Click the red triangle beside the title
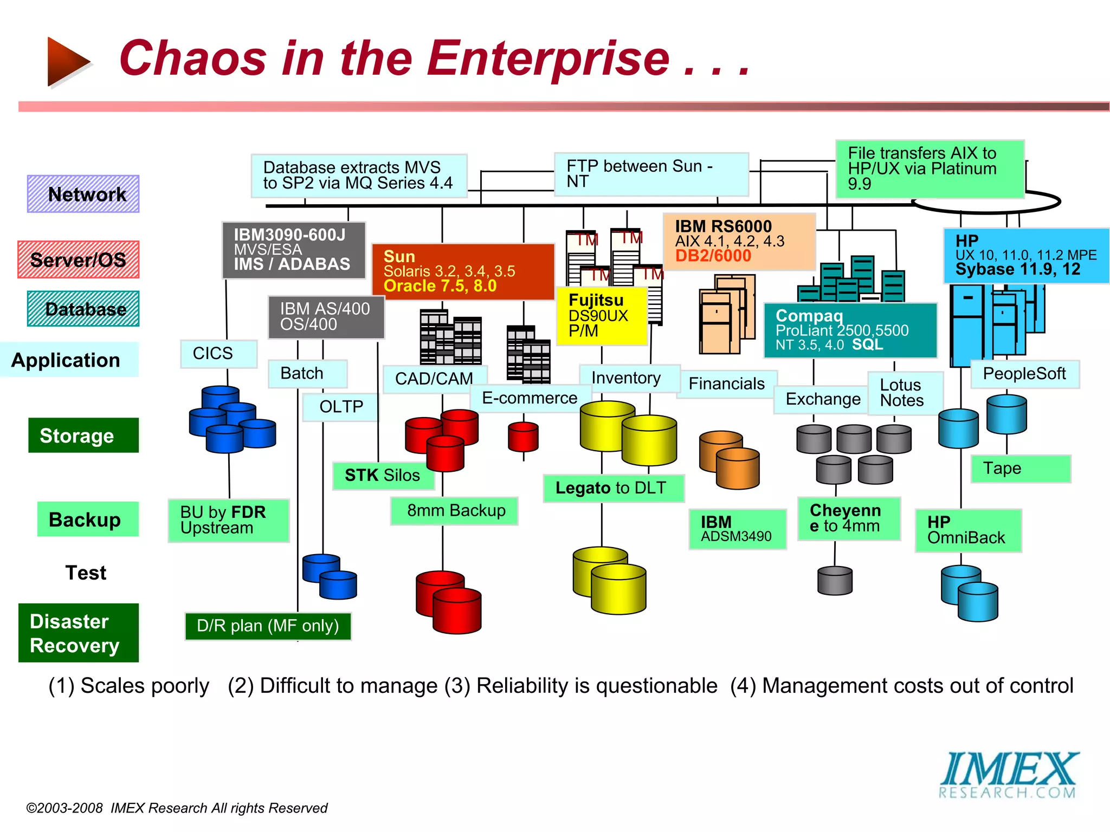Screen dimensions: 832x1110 [x=67, y=61]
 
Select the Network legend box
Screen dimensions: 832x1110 [x=83, y=194]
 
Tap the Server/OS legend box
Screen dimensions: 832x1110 [x=78, y=259]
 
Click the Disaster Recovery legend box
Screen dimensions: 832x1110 [x=78, y=633]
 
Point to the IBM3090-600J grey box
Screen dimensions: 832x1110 [x=293, y=250]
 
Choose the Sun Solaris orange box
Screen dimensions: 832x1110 [x=462, y=271]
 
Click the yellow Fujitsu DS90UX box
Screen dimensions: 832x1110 [x=602, y=315]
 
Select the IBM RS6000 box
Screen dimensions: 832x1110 [x=739, y=241]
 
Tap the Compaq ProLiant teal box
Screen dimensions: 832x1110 [x=849, y=330]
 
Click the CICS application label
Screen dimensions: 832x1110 [x=218, y=354]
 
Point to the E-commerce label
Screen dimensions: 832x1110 [x=530, y=398]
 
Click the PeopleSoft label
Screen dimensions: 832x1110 [x=1024, y=374]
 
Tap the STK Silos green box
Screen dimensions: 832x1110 [x=383, y=475]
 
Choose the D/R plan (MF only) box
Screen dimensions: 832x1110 [x=268, y=626]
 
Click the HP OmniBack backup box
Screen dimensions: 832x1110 [x=967, y=530]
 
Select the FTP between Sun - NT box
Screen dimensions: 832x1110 [x=650, y=174]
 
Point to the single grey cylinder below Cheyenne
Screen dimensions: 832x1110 [x=835, y=581]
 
